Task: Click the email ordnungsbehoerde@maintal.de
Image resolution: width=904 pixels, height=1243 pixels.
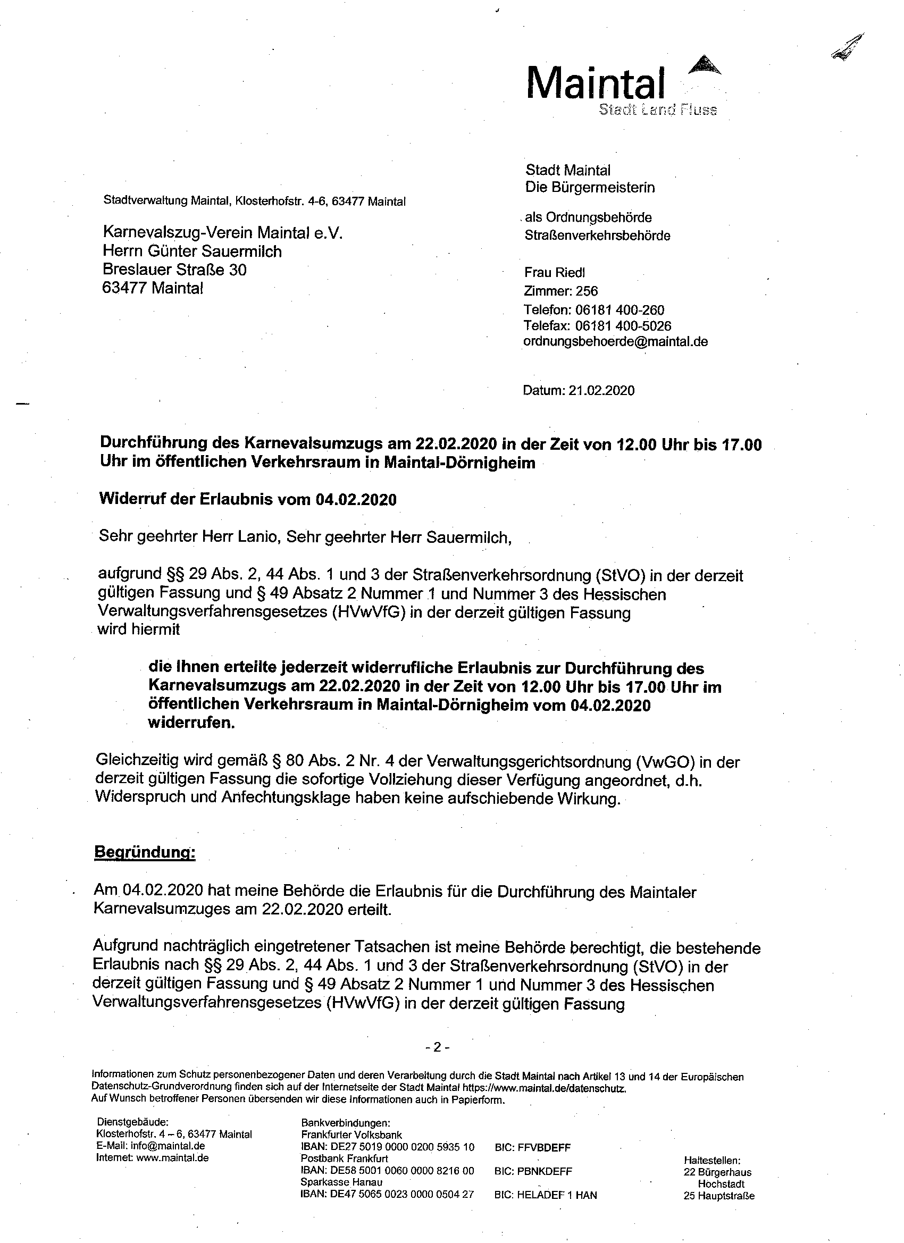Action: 615,341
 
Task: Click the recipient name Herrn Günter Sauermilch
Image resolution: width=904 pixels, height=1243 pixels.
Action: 192,251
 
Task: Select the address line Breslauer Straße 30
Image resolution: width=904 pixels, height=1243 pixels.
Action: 174,270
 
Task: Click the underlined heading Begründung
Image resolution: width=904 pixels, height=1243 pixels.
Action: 145,852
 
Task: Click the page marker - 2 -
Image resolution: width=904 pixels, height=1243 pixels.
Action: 438,1047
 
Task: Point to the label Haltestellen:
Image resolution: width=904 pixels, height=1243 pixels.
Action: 712,1160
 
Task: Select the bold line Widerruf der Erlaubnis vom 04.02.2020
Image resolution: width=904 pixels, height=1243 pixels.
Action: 247,499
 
